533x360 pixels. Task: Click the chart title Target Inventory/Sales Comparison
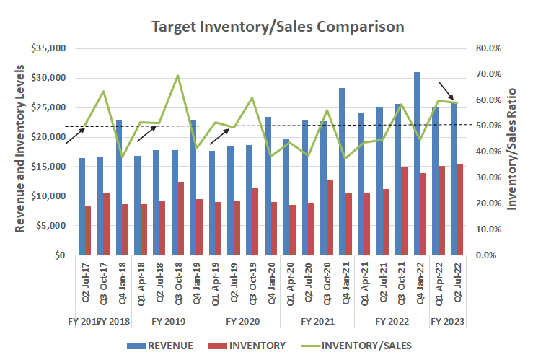[278, 27]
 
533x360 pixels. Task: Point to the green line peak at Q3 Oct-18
[177, 76]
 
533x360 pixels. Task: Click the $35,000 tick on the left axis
[49, 48]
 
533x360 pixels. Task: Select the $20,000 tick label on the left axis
[49, 137]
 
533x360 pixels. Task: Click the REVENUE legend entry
[162, 345]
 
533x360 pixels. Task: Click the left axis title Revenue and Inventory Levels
[20, 152]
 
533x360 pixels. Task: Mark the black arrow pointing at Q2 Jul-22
[445, 92]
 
